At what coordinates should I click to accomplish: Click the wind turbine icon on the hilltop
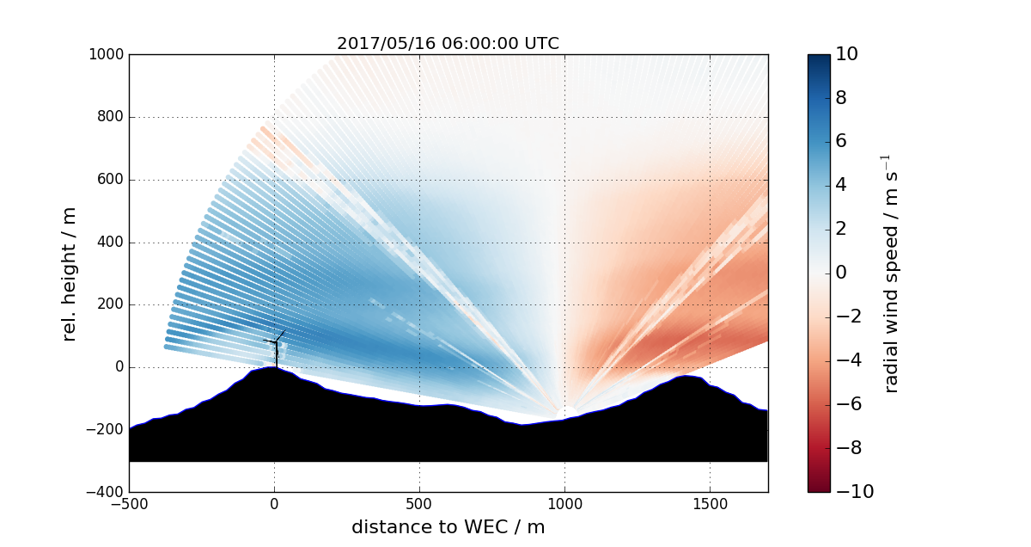coord(275,346)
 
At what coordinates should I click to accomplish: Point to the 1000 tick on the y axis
coord(107,55)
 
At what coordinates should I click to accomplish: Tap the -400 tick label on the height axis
coord(105,492)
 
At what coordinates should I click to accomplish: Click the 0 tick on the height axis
coord(119,367)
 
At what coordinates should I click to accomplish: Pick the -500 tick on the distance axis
coord(129,504)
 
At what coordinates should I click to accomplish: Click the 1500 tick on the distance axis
coord(710,504)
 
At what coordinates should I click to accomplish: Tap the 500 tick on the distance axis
coord(419,504)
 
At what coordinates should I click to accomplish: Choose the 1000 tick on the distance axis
coord(564,504)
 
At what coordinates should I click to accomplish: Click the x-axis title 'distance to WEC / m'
coord(448,527)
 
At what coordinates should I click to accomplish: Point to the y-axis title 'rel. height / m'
coord(70,273)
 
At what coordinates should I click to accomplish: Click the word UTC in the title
coord(541,44)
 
